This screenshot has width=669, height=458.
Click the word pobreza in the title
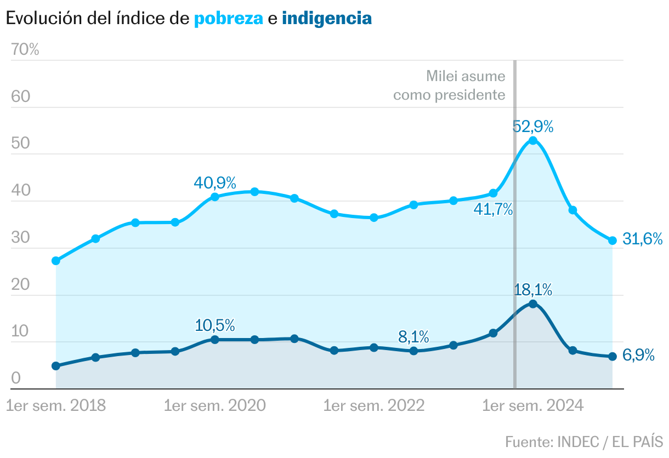tap(228, 19)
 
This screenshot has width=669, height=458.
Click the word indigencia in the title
tap(327, 19)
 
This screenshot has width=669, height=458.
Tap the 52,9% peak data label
tap(532, 127)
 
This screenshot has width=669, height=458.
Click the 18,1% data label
tap(532, 290)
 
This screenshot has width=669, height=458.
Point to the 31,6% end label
tap(643, 239)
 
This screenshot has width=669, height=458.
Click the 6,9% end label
tap(639, 356)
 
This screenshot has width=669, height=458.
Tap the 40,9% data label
tap(214, 182)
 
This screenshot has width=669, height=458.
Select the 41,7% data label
tap(493, 209)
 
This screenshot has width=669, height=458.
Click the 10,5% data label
tap(214, 325)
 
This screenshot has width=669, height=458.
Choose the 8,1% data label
tap(413, 336)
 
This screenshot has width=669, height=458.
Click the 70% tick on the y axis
tap(25, 50)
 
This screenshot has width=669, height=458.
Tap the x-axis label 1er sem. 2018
tap(55, 406)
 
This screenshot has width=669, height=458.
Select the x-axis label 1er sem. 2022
tap(374, 406)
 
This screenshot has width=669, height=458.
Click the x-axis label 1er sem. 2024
tap(532, 406)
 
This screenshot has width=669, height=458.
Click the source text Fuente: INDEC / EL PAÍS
tap(584, 441)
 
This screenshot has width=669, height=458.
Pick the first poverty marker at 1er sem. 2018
tap(55, 261)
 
